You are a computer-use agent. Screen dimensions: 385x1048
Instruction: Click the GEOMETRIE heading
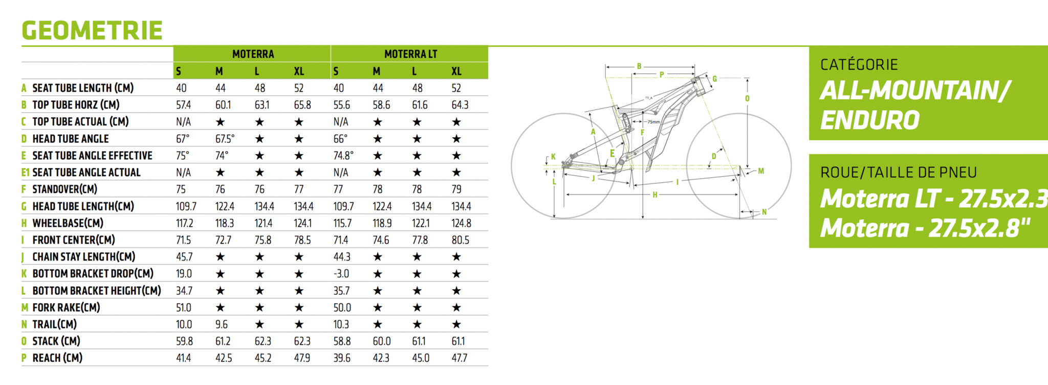pyautogui.click(x=92, y=30)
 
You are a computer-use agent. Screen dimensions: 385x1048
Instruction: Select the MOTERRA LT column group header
pyautogui.click(x=410, y=54)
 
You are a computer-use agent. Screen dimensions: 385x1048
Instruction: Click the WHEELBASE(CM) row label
pyautogui.click(x=68, y=223)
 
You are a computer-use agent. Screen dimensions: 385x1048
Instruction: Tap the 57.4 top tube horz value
pyautogui.click(x=183, y=105)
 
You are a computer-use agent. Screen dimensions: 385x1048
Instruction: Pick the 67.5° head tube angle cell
pyautogui.click(x=225, y=139)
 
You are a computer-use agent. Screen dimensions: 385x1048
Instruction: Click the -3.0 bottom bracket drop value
pyautogui.click(x=341, y=274)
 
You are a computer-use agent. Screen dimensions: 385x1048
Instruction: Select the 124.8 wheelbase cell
pyautogui.click(x=461, y=223)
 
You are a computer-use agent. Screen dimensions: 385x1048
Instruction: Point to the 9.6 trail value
pyautogui.click(x=222, y=325)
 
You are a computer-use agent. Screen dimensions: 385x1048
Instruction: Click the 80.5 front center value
pyautogui.click(x=460, y=240)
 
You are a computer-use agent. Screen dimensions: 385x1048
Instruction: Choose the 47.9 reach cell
pyautogui.click(x=302, y=358)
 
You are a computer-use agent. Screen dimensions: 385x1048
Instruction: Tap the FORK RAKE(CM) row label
pyautogui.click(x=66, y=308)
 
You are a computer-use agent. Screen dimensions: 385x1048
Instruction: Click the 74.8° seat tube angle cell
pyautogui.click(x=343, y=156)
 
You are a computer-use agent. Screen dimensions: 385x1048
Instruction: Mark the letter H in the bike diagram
pyautogui.click(x=654, y=195)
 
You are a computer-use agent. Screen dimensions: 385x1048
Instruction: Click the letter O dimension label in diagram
pyautogui.click(x=747, y=98)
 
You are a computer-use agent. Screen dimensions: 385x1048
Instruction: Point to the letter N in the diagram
pyautogui.click(x=764, y=212)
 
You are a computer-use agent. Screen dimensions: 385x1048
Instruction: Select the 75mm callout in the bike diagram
pyautogui.click(x=653, y=122)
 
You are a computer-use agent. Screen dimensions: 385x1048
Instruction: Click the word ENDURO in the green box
pyautogui.click(x=869, y=120)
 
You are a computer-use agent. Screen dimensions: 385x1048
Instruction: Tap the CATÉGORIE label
pyautogui.click(x=859, y=65)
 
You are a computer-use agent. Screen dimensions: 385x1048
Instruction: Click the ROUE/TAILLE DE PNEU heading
pyautogui.click(x=898, y=173)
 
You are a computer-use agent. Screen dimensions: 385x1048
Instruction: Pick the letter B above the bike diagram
pyautogui.click(x=639, y=66)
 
